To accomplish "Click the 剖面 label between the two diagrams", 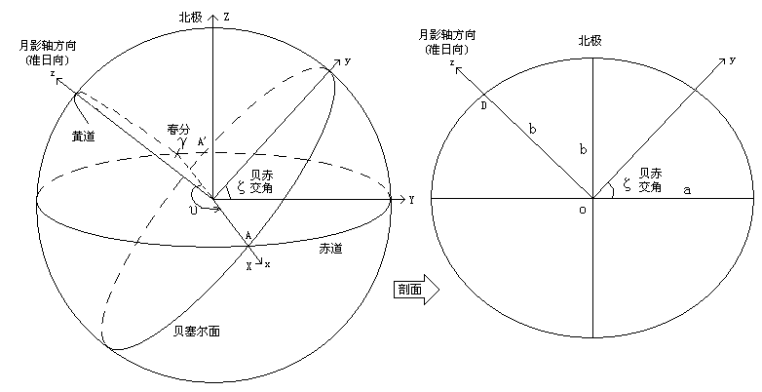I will coord(408,290).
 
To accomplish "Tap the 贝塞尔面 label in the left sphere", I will coord(196,332).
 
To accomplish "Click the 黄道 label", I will coord(85,137).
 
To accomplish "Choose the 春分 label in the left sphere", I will coord(176,129).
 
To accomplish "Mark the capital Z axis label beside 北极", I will coord(226,18).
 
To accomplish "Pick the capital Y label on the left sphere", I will coord(412,200).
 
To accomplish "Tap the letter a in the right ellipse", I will coord(686,190).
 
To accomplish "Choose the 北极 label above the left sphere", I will coord(190,18).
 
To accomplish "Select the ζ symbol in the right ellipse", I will coord(628,183).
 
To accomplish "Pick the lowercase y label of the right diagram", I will coord(731,60).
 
